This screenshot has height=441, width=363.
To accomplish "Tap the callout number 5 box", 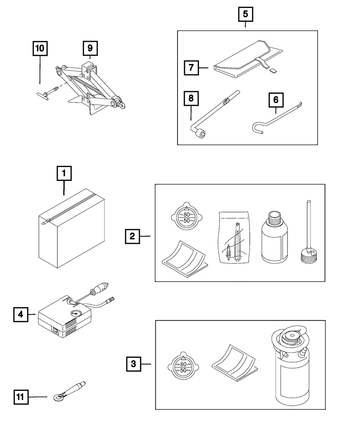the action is coord(245,14).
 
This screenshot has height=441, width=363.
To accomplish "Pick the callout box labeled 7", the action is coord(191,68).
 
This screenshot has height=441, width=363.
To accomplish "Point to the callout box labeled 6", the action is coord(276,100).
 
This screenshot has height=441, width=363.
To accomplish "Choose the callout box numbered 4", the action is coord(21,314).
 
